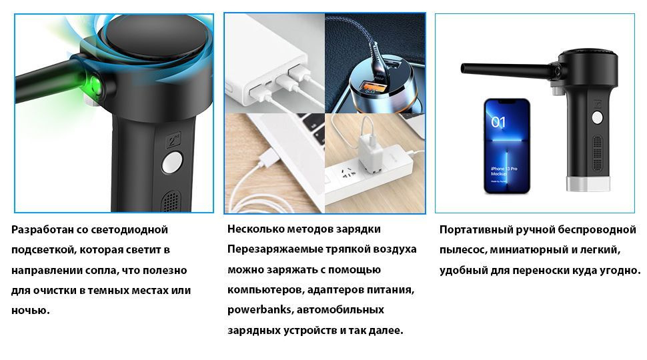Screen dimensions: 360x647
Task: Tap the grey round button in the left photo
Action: click(x=172, y=162)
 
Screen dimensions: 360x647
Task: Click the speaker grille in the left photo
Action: click(x=172, y=201)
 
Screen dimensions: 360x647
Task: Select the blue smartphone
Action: click(x=506, y=146)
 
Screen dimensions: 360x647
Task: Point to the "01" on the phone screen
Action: click(x=498, y=122)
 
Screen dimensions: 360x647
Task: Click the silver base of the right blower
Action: click(x=588, y=185)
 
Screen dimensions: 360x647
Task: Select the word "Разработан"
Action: click(x=42, y=230)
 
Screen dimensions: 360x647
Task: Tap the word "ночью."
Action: click(x=31, y=310)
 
